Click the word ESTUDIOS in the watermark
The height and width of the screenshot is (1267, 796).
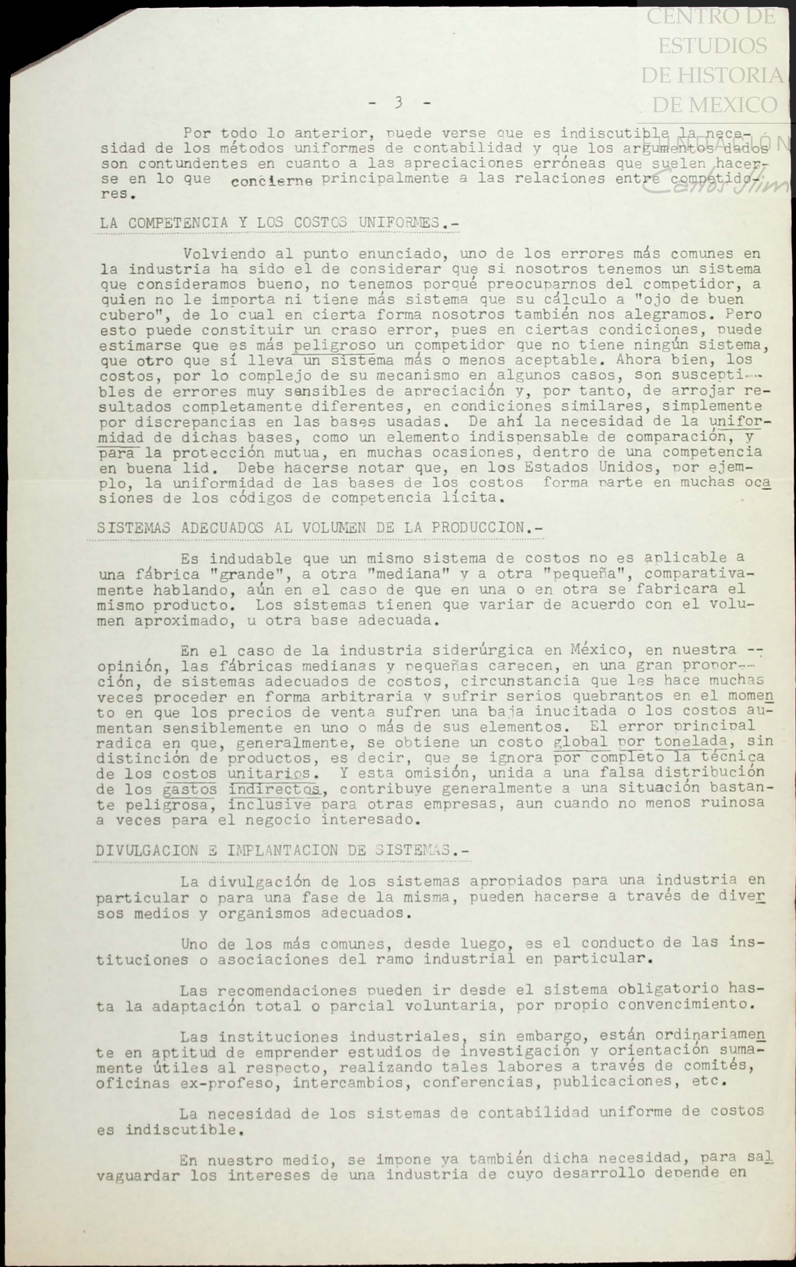[x=712, y=46]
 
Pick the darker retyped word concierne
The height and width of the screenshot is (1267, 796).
[x=272, y=181]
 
